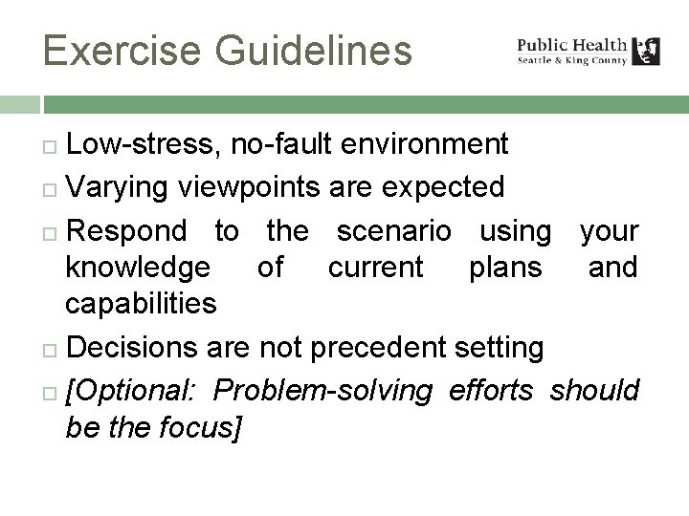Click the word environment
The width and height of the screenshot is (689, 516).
tap(436, 144)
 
